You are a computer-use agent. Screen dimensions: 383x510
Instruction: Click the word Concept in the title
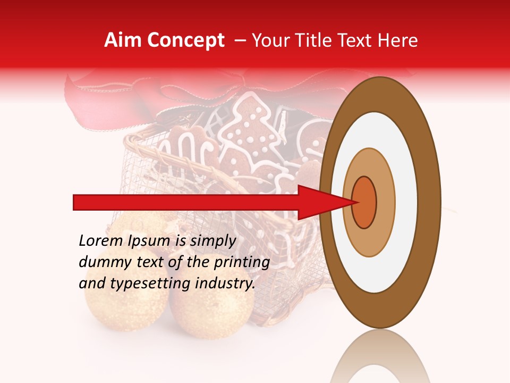point(185,40)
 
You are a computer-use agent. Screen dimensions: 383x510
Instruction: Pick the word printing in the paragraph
point(242,262)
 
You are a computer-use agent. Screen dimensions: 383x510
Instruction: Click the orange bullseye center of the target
point(364,202)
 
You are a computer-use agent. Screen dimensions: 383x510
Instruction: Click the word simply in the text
point(212,241)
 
